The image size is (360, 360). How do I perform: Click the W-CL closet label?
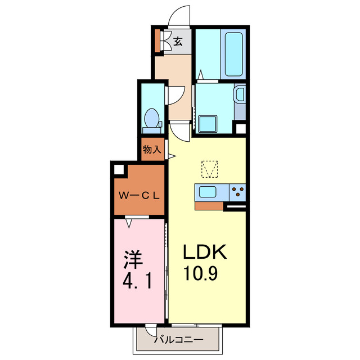(x=139, y=196)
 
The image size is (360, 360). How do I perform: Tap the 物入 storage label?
(x=152, y=150)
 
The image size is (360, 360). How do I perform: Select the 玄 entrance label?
(x=178, y=41)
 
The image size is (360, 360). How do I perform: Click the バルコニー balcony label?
(x=178, y=339)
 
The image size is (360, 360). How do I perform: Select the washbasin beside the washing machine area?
(x=239, y=94)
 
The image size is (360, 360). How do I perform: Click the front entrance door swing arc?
(x=181, y=16)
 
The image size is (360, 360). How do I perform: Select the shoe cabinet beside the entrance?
(x=158, y=41)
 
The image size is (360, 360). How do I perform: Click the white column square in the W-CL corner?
(x=119, y=168)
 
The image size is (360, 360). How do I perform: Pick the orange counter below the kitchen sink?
(x=209, y=205)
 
